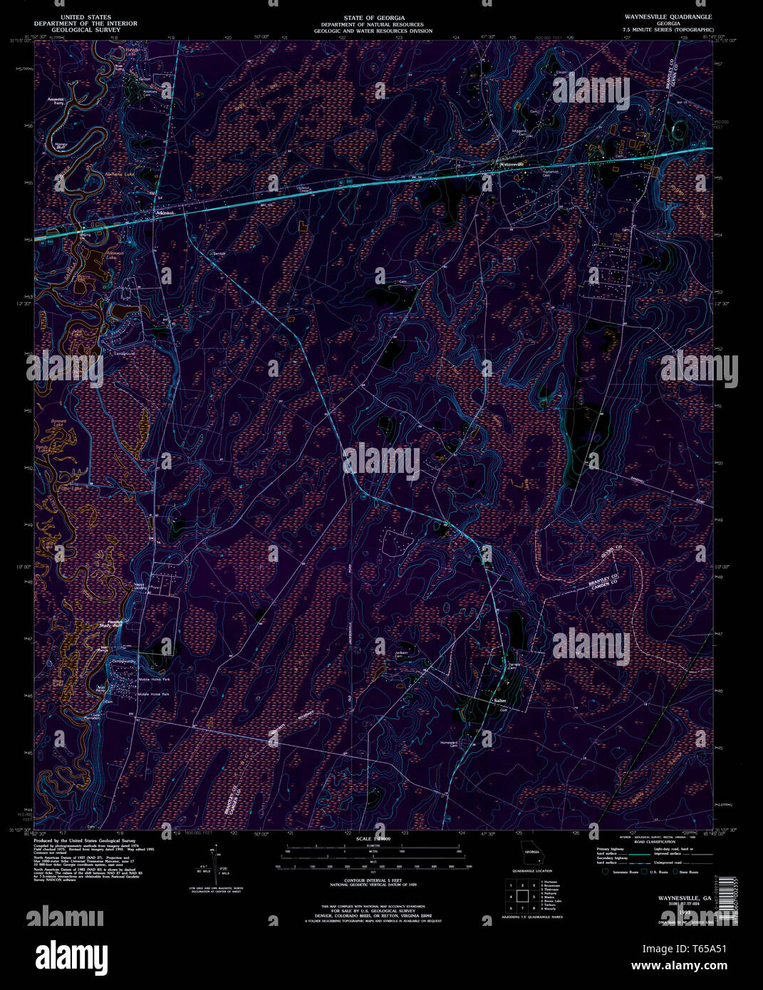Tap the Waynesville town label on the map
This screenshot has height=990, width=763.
coord(512,165)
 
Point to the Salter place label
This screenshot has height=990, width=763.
coord(499,701)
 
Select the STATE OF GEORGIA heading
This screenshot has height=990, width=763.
coord(373,16)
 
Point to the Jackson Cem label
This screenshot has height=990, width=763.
coord(402,654)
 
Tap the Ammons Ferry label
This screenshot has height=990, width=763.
coord(57,100)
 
